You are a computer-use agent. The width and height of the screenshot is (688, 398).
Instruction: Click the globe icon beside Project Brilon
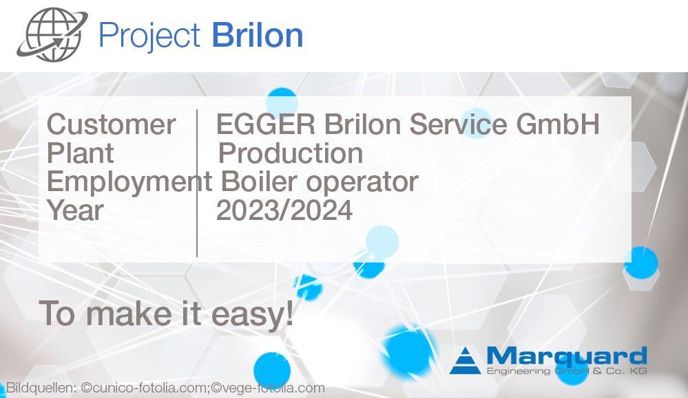coord(52,34)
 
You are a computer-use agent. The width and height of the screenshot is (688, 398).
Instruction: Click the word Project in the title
coord(149,36)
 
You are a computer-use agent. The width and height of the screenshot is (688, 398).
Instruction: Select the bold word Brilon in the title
coord(258,34)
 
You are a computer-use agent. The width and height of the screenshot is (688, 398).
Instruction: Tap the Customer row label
coord(111,124)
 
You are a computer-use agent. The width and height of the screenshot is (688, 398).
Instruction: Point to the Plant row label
coord(80,153)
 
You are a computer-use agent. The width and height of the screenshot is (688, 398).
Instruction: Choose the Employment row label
coord(129,182)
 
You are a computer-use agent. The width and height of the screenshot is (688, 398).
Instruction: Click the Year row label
coord(75,210)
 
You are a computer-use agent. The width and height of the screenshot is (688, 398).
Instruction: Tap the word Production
coord(291,153)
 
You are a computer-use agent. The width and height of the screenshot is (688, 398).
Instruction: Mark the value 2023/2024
coord(284,210)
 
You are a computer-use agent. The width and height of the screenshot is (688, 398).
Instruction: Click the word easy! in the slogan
coord(252,314)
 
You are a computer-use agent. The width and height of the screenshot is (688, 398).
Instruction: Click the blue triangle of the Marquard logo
coord(465,361)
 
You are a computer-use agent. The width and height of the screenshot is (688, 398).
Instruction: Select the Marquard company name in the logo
coord(567,356)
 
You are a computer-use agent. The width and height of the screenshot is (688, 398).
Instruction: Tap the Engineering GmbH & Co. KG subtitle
coord(567,371)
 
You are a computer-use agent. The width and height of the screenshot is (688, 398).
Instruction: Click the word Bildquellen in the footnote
coord(41,388)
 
